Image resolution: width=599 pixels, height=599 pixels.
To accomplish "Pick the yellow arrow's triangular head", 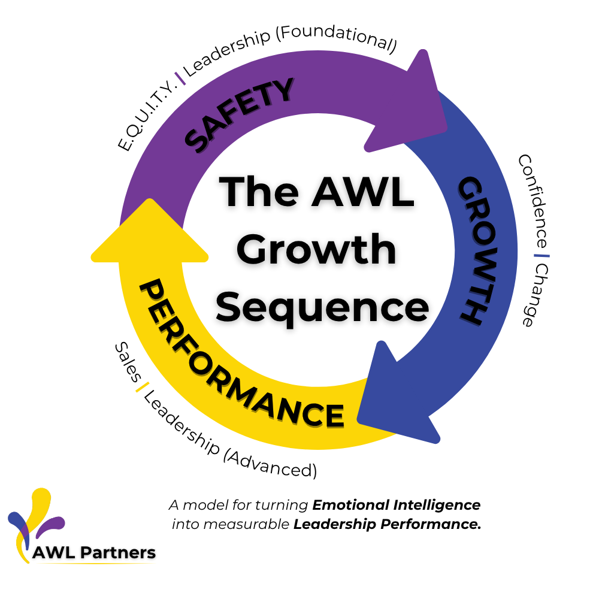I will pyautogui.click(x=150, y=237).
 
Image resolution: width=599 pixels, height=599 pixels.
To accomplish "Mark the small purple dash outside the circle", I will pyautogui.click(x=180, y=78).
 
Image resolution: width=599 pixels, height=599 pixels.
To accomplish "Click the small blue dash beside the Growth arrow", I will pyautogui.click(x=541, y=256).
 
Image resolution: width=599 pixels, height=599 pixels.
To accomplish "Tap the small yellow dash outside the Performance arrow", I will pyautogui.click(x=142, y=387).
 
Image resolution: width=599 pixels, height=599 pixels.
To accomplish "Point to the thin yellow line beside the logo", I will pyautogui.click(x=96, y=563).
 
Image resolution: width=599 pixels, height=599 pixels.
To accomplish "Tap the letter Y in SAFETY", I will pyautogui.click(x=282, y=90).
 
